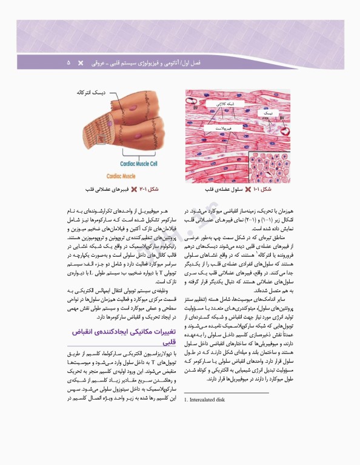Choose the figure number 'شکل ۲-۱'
click(x=149, y=190)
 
